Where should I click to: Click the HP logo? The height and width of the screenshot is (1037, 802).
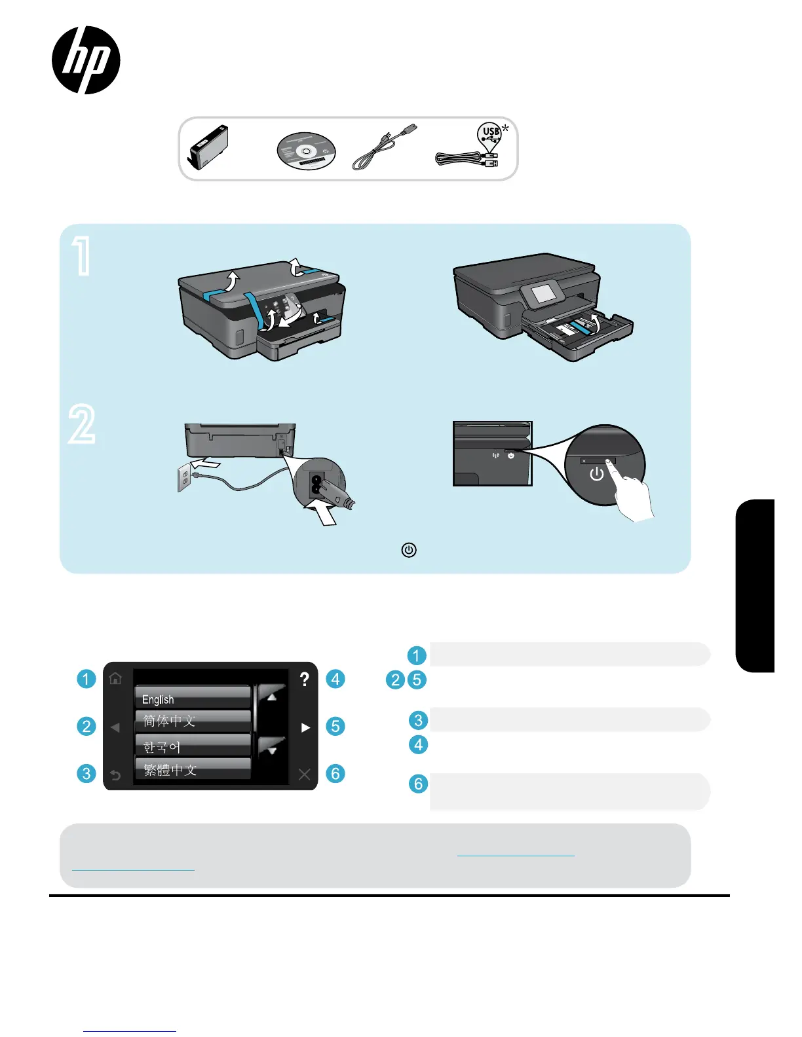coord(86,60)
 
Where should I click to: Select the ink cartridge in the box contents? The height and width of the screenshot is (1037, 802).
coord(208,147)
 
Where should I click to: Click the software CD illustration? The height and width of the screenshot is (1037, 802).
coord(306,151)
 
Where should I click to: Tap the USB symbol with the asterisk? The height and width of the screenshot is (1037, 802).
coord(491,133)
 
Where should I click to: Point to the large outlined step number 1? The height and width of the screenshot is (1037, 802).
coord(82,256)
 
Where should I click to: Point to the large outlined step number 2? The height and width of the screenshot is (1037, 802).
coord(82,424)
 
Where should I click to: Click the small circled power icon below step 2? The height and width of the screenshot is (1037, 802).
coord(409,550)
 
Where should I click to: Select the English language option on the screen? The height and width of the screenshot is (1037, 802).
coord(193,699)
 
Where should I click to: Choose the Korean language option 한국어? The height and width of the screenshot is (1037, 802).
coord(193,746)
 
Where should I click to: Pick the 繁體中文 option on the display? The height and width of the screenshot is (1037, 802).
coord(193,770)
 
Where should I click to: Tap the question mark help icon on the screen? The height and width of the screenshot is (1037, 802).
coord(304,680)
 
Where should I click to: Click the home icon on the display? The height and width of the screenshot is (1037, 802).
coord(116,678)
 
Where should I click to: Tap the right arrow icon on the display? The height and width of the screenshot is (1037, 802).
coord(305,727)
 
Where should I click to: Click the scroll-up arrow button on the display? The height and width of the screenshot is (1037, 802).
coord(271,696)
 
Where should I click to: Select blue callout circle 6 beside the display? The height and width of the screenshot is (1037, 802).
coord(335,773)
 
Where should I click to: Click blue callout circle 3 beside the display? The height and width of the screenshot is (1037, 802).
coord(86,773)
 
